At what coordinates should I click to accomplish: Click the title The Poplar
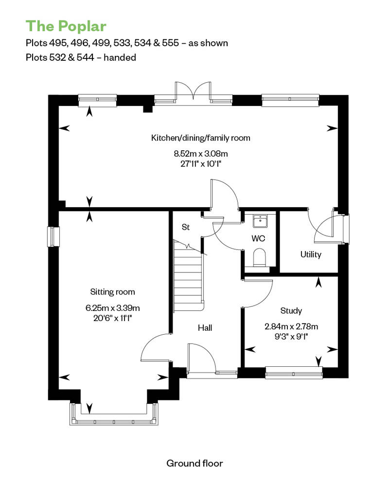coord(66,26)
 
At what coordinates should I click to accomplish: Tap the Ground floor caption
coord(194,463)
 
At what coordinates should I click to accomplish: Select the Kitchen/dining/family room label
coord(201,138)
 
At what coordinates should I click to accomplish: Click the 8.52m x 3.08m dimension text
coord(201,154)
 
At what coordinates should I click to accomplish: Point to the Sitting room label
coord(112,292)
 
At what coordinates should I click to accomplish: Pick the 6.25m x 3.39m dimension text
coord(112,308)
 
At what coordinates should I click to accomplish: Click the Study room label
coord(291,311)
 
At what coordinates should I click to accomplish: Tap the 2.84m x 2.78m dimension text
coord(291,326)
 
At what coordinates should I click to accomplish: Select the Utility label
coord(311,254)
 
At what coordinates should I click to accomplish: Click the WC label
coord(258,238)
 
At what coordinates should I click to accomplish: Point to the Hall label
coord(205,328)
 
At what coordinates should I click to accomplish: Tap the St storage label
coord(186,227)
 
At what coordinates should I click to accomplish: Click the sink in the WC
coord(261,221)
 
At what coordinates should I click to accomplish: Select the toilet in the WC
coord(260,257)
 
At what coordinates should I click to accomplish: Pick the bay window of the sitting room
coord(114,414)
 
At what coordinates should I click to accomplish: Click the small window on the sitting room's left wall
coord(53,237)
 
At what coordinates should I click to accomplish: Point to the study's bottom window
coord(294,373)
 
